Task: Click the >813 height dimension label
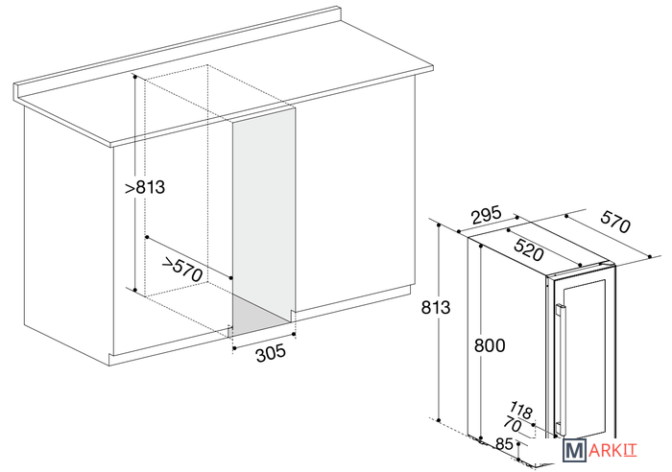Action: pos(145,188)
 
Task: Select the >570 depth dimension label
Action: pos(182,269)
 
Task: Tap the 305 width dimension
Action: pos(271,353)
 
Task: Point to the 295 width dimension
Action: pos(486,215)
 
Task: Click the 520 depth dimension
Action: pos(529,250)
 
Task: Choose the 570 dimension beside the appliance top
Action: pos(615,223)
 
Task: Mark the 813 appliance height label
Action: pos(436,308)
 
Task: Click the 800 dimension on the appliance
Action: pos(490,345)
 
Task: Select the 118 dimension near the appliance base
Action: pos(521,411)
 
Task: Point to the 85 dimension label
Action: pos(504,444)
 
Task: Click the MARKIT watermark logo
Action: pos(600,451)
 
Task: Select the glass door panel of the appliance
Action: pos(585,360)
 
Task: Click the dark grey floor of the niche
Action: pos(258,314)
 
